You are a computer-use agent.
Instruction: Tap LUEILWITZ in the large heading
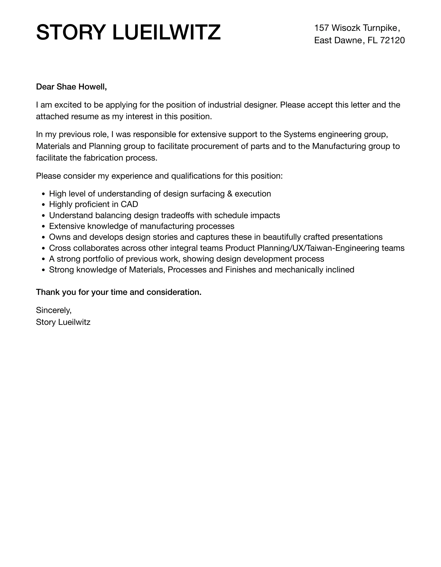tap(166, 32)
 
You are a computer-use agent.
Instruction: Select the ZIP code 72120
tap(392, 40)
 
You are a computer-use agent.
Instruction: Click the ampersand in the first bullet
tap(230, 194)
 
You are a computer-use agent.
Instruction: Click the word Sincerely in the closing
tap(54, 310)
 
